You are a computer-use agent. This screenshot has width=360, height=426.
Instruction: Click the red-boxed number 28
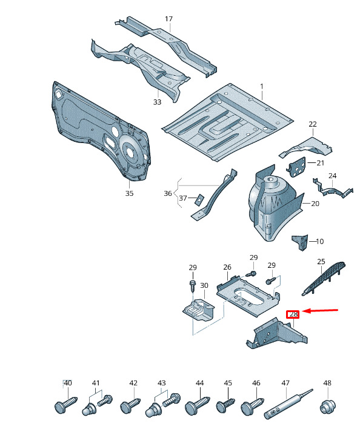tap(293, 315)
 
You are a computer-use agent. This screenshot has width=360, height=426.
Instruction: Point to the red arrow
tap(320, 310)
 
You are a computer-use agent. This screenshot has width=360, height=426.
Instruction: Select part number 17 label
tap(168, 19)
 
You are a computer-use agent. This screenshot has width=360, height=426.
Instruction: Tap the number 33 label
tap(158, 102)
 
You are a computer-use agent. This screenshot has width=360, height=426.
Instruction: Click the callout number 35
tap(129, 193)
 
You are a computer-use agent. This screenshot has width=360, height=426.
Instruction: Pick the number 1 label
tap(262, 87)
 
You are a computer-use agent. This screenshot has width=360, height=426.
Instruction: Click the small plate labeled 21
tap(297, 166)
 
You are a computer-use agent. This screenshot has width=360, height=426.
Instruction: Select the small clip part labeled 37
tap(199, 199)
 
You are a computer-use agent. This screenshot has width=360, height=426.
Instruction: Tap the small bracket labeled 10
tap(300, 242)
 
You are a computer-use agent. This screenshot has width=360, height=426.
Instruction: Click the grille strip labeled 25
tap(323, 279)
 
